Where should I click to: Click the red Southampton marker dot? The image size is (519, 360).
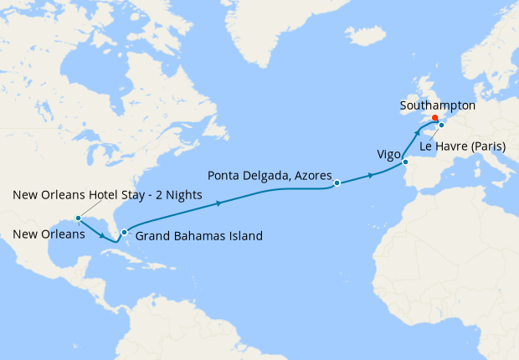[434, 118]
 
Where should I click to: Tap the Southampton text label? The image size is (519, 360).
[438, 106]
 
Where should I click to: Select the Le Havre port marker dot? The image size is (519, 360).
[441, 126]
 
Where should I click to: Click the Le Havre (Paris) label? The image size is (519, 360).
[463, 147]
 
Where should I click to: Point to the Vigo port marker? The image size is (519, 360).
[405, 162]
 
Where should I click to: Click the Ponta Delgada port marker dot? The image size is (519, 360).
[337, 183]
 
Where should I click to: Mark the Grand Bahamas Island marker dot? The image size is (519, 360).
[124, 232]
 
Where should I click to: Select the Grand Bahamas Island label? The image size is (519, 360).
[198, 236]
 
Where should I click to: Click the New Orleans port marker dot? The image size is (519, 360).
[78, 219]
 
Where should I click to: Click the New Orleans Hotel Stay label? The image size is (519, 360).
[108, 194]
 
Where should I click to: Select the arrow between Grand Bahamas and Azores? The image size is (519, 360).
[219, 203]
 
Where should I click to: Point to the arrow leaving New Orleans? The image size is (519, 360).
[105, 236]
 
